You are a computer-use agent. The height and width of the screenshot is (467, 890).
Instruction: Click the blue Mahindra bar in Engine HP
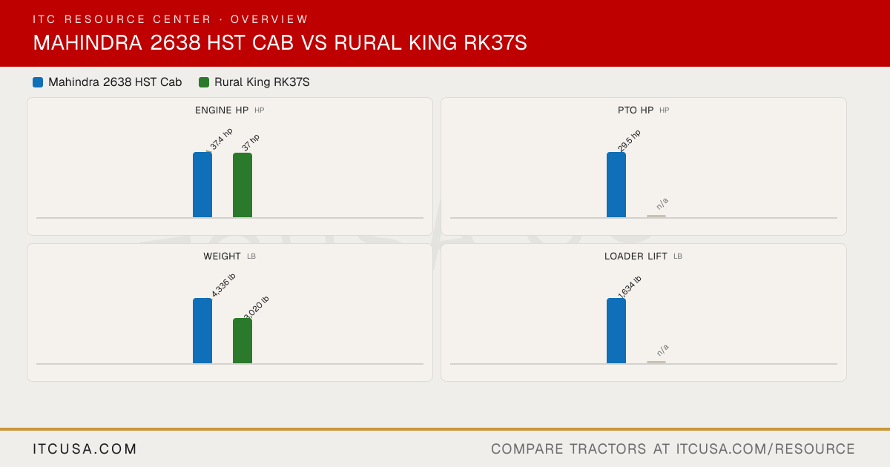tap(202, 185)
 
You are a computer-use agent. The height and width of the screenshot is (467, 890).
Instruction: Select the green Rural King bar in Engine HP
tap(243, 185)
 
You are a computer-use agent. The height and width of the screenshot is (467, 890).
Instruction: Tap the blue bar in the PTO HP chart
tap(616, 185)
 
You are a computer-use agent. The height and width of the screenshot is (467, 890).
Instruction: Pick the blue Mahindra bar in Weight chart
tap(202, 331)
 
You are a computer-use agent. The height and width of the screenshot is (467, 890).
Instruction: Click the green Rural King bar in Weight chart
tap(243, 341)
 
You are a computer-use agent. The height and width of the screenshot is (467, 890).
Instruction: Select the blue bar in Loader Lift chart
tap(616, 331)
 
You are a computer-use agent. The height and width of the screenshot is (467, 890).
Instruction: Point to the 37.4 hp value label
tap(221, 139)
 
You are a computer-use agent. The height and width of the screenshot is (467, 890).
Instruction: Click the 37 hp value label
tap(251, 142)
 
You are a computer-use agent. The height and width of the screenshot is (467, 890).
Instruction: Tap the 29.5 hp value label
tap(629, 141)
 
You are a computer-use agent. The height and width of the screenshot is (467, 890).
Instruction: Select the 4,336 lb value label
tap(223, 285)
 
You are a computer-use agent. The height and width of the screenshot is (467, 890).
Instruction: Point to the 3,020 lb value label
tap(257, 308)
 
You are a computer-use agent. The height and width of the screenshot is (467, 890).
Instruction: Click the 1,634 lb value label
tap(630, 287)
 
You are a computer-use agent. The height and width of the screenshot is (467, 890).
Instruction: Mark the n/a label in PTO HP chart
tap(662, 204)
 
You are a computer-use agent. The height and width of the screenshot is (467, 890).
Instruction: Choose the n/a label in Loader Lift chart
tap(662, 350)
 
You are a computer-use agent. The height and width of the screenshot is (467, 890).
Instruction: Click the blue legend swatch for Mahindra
tap(38, 82)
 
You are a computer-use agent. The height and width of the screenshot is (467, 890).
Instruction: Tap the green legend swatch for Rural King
tap(204, 82)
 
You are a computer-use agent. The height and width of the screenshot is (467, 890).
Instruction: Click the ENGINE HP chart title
tap(222, 110)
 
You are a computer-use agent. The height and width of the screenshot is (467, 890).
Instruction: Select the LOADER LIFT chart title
tap(636, 256)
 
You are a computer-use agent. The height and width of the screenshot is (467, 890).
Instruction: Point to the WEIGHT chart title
tap(222, 256)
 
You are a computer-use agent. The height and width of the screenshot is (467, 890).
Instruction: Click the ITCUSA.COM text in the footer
tap(85, 448)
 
